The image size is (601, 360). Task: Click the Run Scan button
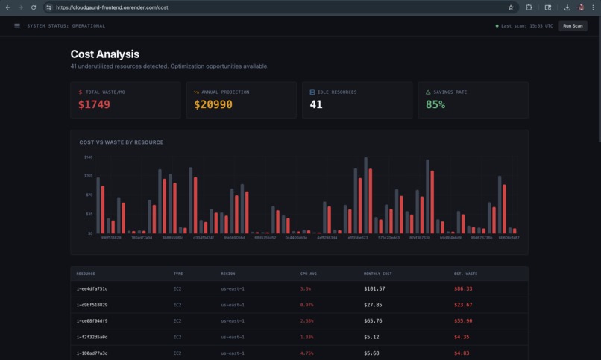(x=573, y=26)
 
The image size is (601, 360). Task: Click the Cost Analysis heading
(x=104, y=54)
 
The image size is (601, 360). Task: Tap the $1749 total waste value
(x=94, y=105)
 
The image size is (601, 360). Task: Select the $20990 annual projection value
(x=213, y=105)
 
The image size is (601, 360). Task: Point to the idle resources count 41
(x=316, y=105)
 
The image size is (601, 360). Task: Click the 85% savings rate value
(x=435, y=105)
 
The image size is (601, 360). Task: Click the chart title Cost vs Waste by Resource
(x=121, y=142)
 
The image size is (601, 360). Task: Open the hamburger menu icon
(x=17, y=26)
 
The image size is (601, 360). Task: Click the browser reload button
(x=34, y=7)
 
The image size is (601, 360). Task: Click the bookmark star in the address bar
(x=511, y=7)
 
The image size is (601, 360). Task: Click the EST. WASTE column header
(x=465, y=274)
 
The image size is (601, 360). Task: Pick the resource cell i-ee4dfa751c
(x=92, y=288)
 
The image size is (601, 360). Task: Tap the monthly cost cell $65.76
(x=373, y=321)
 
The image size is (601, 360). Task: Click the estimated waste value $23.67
(x=463, y=305)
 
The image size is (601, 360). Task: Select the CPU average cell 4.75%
(x=306, y=353)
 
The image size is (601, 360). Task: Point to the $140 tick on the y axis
(x=88, y=157)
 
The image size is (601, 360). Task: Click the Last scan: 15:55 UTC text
(x=526, y=26)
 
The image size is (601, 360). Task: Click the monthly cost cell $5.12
(x=371, y=337)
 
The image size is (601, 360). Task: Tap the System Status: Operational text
(x=66, y=26)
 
